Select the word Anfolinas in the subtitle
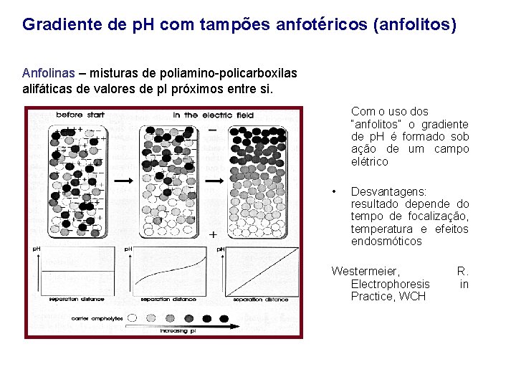point(46,74)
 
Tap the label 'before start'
point(81,115)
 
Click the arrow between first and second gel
point(123,181)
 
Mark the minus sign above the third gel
point(212,129)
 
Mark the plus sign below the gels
point(213,234)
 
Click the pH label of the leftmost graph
point(36,248)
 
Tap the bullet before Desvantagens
point(334,192)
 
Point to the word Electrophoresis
point(391,284)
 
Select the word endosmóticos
point(386,242)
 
